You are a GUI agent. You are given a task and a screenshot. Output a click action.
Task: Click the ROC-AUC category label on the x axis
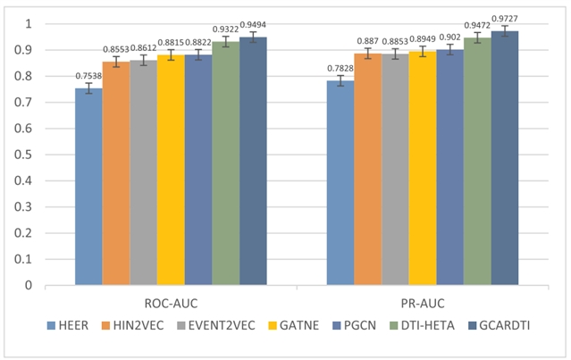coord(171,304)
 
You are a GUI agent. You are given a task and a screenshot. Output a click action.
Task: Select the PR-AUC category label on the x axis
coord(423,304)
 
